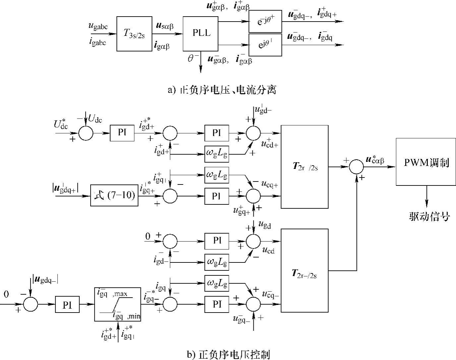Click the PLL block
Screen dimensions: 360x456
point(201,33)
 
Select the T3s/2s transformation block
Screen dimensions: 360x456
point(134,34)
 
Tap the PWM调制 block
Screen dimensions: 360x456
point(426,162)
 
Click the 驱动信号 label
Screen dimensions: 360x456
point(429,217)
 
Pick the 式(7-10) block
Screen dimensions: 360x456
point(114,195)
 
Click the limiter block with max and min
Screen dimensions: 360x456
point(117,304)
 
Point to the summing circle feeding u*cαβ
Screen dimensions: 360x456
point(357,167)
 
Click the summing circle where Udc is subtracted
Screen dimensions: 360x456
point(86,133)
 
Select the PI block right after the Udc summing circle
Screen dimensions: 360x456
point(122,133)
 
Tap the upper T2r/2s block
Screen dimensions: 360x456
point(304,167)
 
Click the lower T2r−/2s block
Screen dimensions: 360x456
point(304,270)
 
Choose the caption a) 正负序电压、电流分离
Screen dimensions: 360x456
point(222,90)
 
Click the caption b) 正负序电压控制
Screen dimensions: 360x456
point(228,355)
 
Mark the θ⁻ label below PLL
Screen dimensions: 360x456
point(193,59)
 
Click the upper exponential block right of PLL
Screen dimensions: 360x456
point(265,22)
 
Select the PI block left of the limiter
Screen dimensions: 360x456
point(67,305)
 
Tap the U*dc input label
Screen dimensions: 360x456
point(61,124)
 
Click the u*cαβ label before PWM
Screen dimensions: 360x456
point(374,160)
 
